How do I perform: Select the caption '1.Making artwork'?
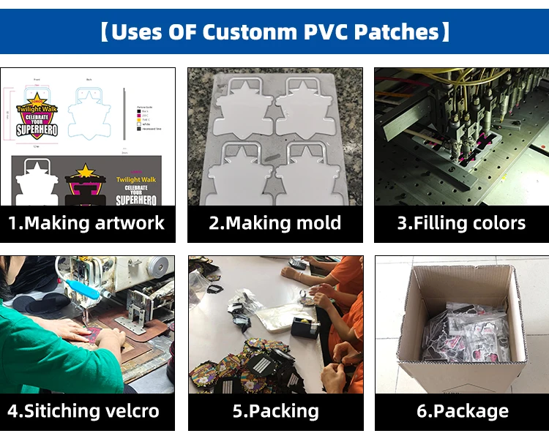point(87,223)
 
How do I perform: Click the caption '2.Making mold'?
point(274,223)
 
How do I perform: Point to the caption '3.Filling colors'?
point(461,223)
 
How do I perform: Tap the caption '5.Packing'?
point(275,411)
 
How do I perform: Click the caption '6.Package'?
point(462,411)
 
